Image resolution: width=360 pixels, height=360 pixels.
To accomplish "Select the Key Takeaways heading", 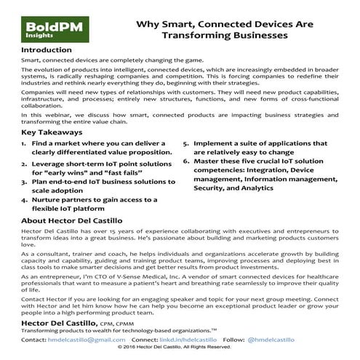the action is (52, 133).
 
